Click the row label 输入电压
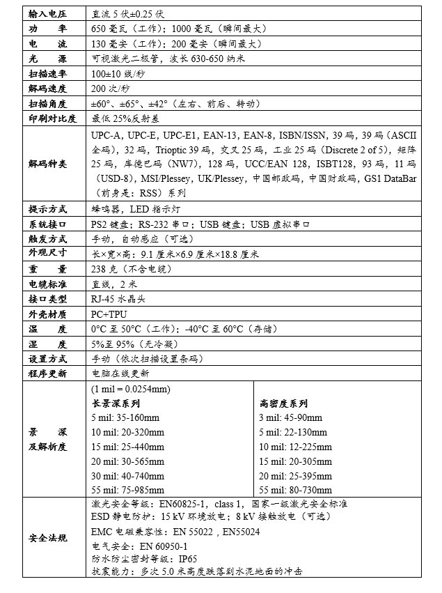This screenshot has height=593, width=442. point(47,14)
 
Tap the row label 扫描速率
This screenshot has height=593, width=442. point(47,74)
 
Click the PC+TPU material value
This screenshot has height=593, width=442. point(109,314)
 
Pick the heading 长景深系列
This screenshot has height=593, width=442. point(116,403)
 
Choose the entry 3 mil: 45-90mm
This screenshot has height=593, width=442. point(290,417)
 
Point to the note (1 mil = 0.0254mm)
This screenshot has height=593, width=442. point(131,389)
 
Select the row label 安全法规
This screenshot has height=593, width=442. point(47,538)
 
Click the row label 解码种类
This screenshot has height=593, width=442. point(47,164)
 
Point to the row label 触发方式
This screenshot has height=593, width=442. point(47,239)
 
